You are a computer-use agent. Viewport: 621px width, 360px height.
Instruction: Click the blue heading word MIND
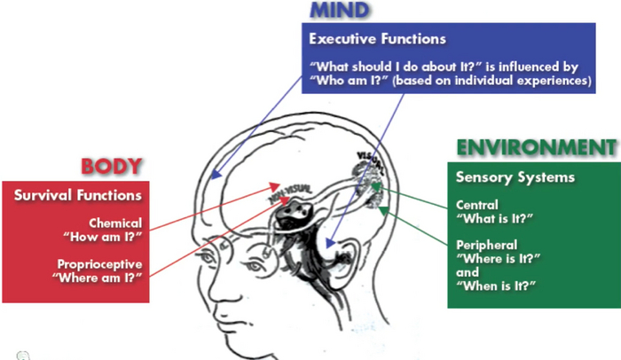341,11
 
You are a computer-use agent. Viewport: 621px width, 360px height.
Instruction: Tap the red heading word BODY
112,167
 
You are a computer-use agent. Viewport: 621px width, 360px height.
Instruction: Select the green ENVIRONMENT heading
535,147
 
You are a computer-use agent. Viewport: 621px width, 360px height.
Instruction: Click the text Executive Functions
376,40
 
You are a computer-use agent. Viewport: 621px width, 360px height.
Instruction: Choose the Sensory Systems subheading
515,176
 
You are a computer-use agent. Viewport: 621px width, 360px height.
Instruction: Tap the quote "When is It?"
499,286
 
